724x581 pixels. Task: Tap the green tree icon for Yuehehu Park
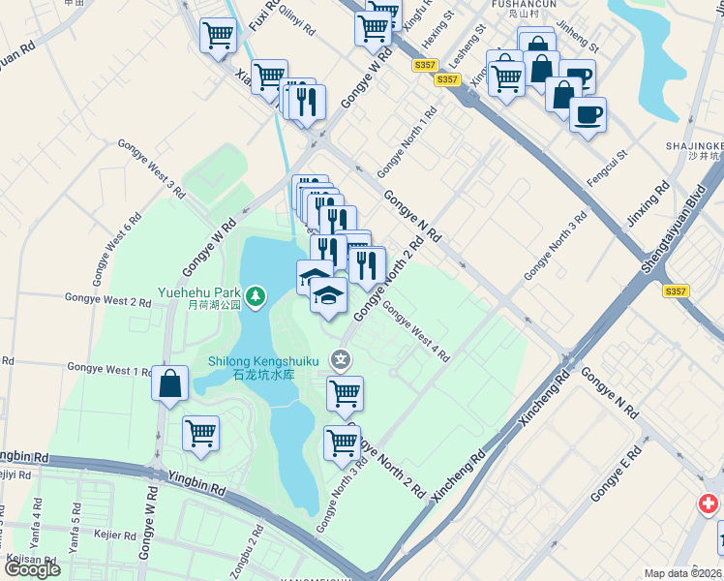click(x=256, y=293)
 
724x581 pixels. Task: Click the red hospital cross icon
click(x=709, y=505)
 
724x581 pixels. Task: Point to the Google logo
click(x=32, y=569)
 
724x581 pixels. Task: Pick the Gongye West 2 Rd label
click(x=107, y=301)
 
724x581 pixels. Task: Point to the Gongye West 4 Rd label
click(x=416, y=332)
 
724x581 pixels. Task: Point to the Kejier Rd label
click(x=114, y=534)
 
